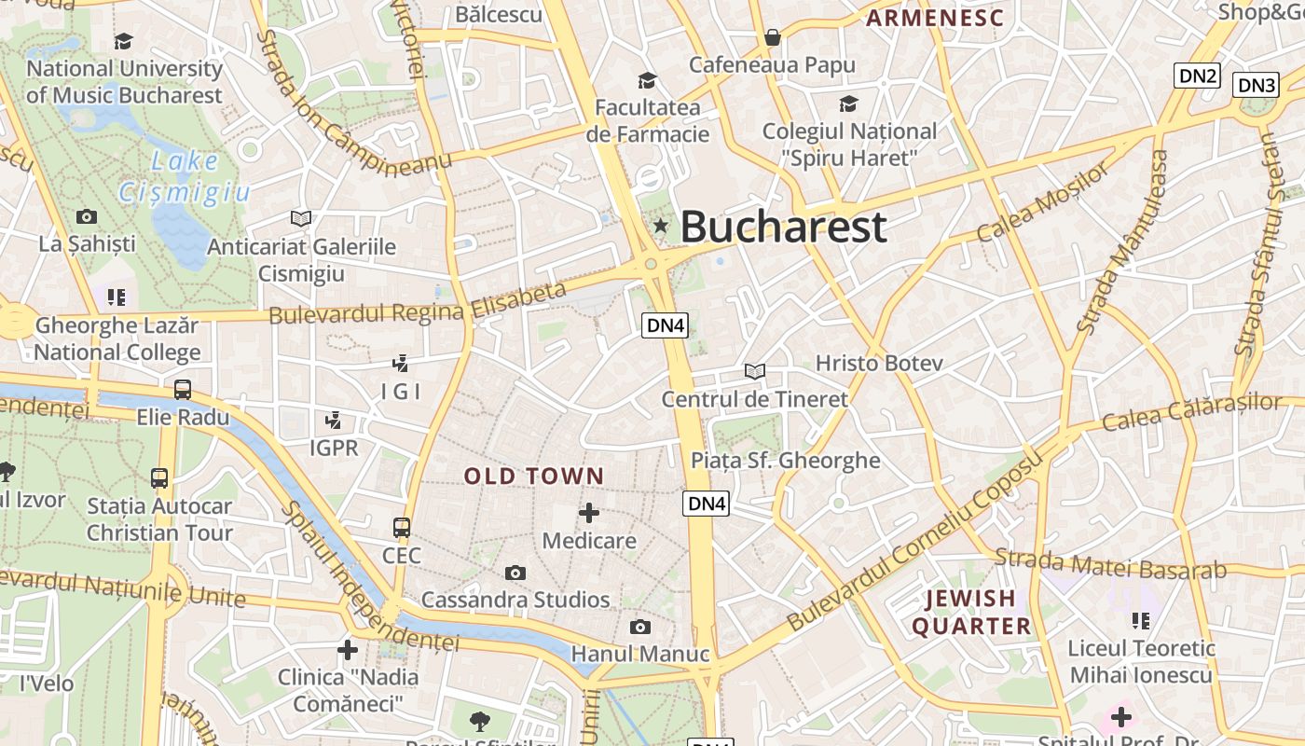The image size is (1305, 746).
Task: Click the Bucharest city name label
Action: click(x=783, y=227)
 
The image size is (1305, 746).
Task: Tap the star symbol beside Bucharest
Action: click(x=661, y=225)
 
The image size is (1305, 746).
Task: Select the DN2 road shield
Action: click(x=1197, y=76)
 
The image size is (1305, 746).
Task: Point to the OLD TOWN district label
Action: click(x=534, y=477)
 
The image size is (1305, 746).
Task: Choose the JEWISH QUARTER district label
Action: click(x=971, y=612)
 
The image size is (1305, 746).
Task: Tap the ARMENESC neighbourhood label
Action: click(x=935, y=18)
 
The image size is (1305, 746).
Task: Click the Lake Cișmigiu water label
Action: click(x=185, y=176)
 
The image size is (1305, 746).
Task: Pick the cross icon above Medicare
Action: click(x=589, y=512)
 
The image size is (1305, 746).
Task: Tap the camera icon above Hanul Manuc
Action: click(x=639, y=627)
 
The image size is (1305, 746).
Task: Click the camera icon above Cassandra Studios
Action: click(x=515, y=573)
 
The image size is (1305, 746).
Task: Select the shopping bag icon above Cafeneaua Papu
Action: click(x=772, y=37)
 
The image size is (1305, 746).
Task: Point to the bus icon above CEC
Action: click(x=402, y=527)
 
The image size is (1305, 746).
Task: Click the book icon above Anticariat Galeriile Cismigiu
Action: click(x=300, y=218)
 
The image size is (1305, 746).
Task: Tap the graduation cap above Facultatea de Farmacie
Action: click(x=647, y=80)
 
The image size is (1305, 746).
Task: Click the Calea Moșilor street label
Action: click(x=1044, y=201)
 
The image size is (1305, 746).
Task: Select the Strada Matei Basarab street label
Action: click(x=1110, y=564)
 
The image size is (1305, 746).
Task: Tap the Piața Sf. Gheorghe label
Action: click(x=785, y=460)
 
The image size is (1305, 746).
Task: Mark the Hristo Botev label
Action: click(x=879, y=363)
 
